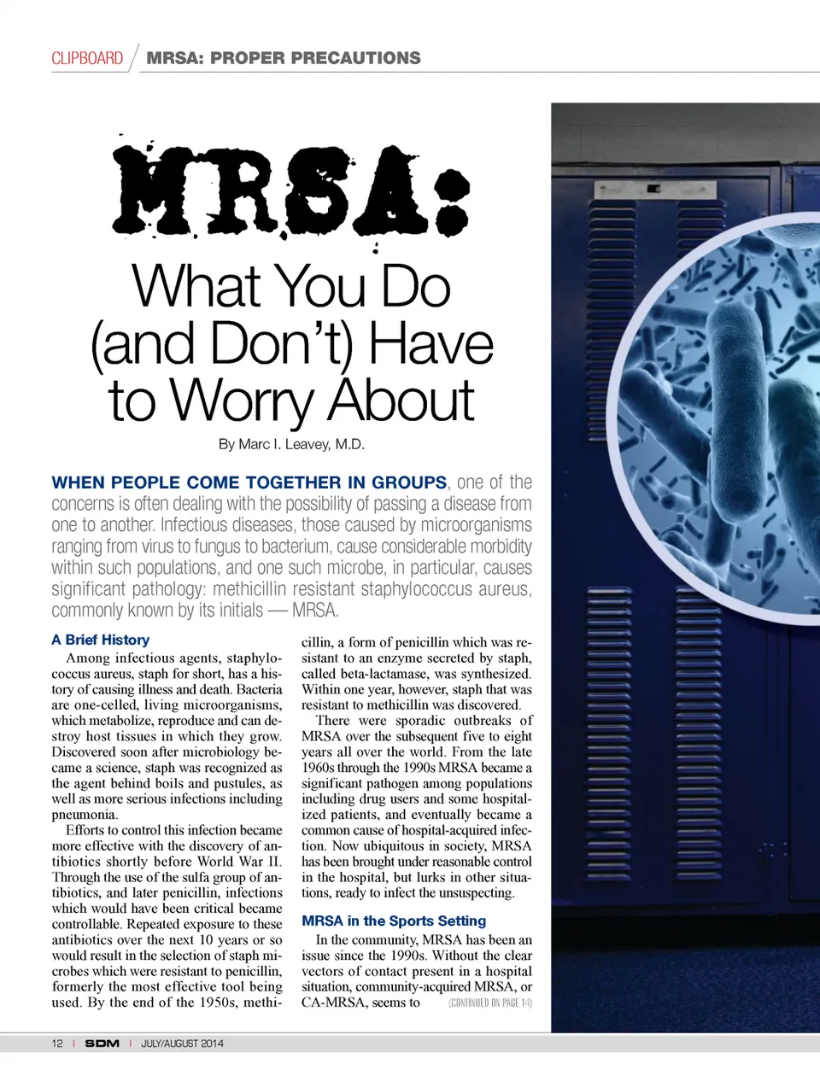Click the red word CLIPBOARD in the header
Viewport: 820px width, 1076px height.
[87, 58]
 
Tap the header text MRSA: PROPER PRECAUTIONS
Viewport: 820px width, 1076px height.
[284, 58]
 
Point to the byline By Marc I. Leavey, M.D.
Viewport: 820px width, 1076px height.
[291, 444]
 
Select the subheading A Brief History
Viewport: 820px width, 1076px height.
[100, 640]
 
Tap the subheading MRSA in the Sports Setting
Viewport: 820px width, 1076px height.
[394, 921]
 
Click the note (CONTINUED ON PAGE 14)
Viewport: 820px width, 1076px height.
[489, 1003]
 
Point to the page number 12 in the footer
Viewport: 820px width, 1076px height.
[57, 1044]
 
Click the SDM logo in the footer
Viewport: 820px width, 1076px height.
[102, 1044]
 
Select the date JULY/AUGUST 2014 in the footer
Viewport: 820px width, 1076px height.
[182, 1044]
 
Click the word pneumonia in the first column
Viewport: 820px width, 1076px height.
[84, 815]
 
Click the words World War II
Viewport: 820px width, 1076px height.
[239, 862]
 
